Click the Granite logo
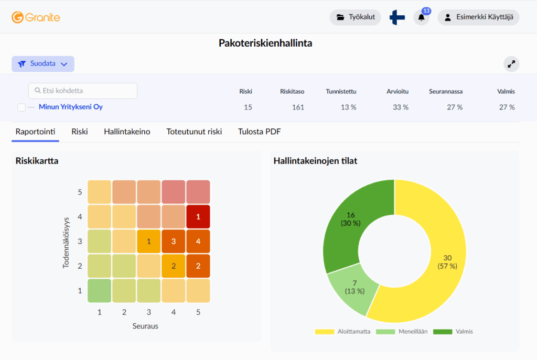pos(36,17)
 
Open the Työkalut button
pos(356,17)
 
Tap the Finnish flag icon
pos(398,17)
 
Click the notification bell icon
pos(422,17)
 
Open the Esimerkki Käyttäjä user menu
pos(478,17)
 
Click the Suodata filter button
pos(43,64)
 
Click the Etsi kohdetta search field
pos(83,91)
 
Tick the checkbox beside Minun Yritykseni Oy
pos(21,107)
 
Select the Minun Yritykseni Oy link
pos(71,107)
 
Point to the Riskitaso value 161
pos(298,107)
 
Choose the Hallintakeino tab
pos(127,132)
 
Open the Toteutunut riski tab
pos(194,132)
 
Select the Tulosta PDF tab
pos(259,132)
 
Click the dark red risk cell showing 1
pos(198,216)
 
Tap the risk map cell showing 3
pos(173,241)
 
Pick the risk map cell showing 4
pos(198,241)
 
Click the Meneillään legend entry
pos(402,332)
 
